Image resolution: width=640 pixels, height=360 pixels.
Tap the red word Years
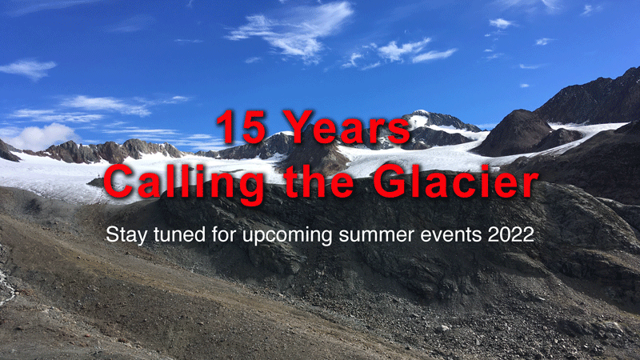click(346, 127)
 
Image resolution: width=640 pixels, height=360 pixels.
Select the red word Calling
click(184, 183)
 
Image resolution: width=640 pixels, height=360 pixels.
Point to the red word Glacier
click(456, 181)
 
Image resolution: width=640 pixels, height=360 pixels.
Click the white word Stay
click(126, 235)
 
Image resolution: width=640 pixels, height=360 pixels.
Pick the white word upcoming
click(288, 236)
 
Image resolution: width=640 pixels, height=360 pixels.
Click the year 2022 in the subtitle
click(511, 234)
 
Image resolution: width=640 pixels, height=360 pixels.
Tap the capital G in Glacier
click(390, 181)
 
